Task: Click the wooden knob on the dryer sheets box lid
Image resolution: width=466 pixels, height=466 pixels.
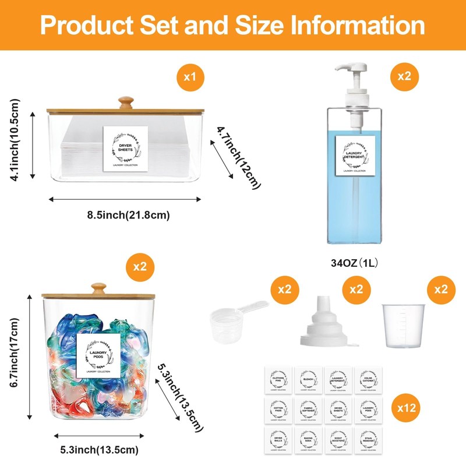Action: (x=123, y=103)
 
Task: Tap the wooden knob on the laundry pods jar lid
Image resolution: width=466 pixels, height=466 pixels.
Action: (x=100, y=289)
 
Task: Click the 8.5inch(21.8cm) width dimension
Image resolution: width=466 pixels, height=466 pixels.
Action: (x=129, y=215)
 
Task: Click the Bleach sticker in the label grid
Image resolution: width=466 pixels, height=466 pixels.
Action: (x=309, y=380)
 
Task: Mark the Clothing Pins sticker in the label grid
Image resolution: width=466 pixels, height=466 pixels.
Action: (x=278, y=380)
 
